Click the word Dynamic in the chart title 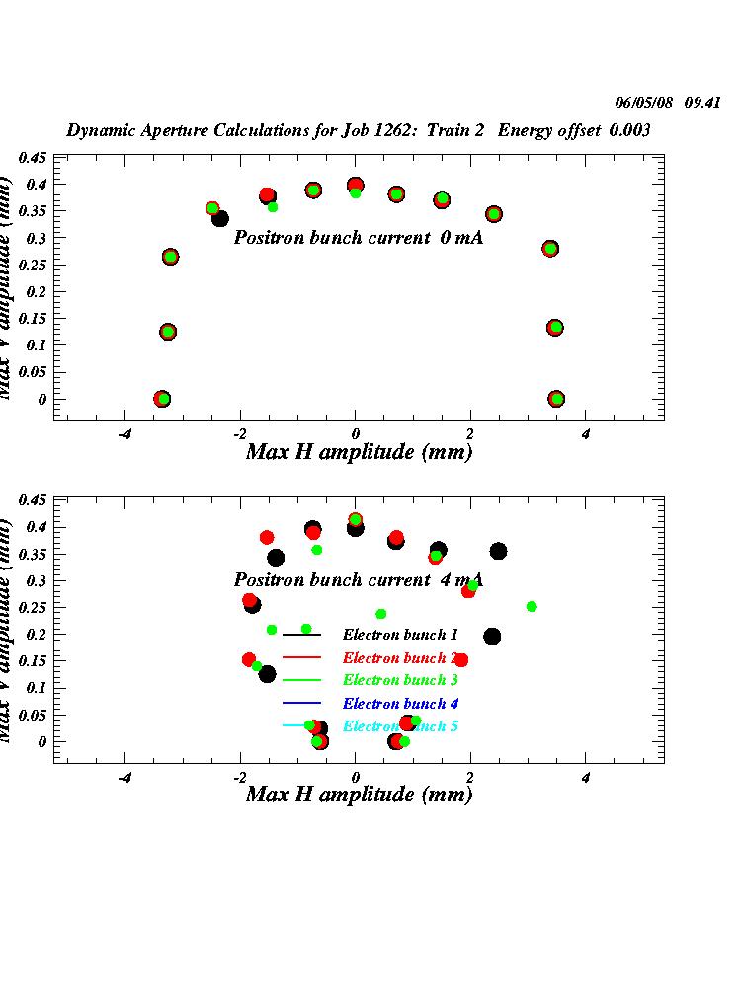pyautogui.click(x=100, y=130)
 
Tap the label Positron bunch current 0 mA pyautogui.click(x=359, y=238)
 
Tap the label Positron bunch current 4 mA pyautogui.click(x=359, y=580)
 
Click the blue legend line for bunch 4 pyautogui.click(x=302, y=704)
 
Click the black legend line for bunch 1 pyautogui.click(x=302, y=635)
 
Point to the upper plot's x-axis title pyautogui.click(x=359, y=452)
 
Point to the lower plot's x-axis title pyautogui.click(x=359, y=795)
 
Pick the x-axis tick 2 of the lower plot pyautogui.click(x=470, y=776)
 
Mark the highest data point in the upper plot pyautogui.click(x=355, y=185)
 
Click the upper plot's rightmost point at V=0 pyautogui.click(x=556, y=399)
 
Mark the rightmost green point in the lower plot pyautogui.click(x=532, y=606)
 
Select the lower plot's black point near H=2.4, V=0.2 pyautogui.click(x=492, y=637)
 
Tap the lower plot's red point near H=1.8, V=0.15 pyautogui.click(x=461, y=660)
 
